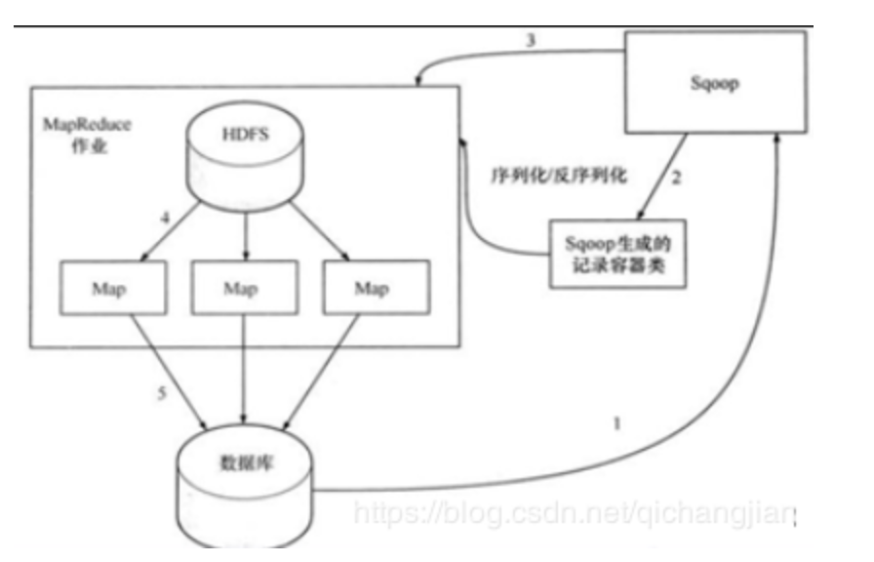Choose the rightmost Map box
click(370, 288)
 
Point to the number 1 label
click(616, 422)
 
